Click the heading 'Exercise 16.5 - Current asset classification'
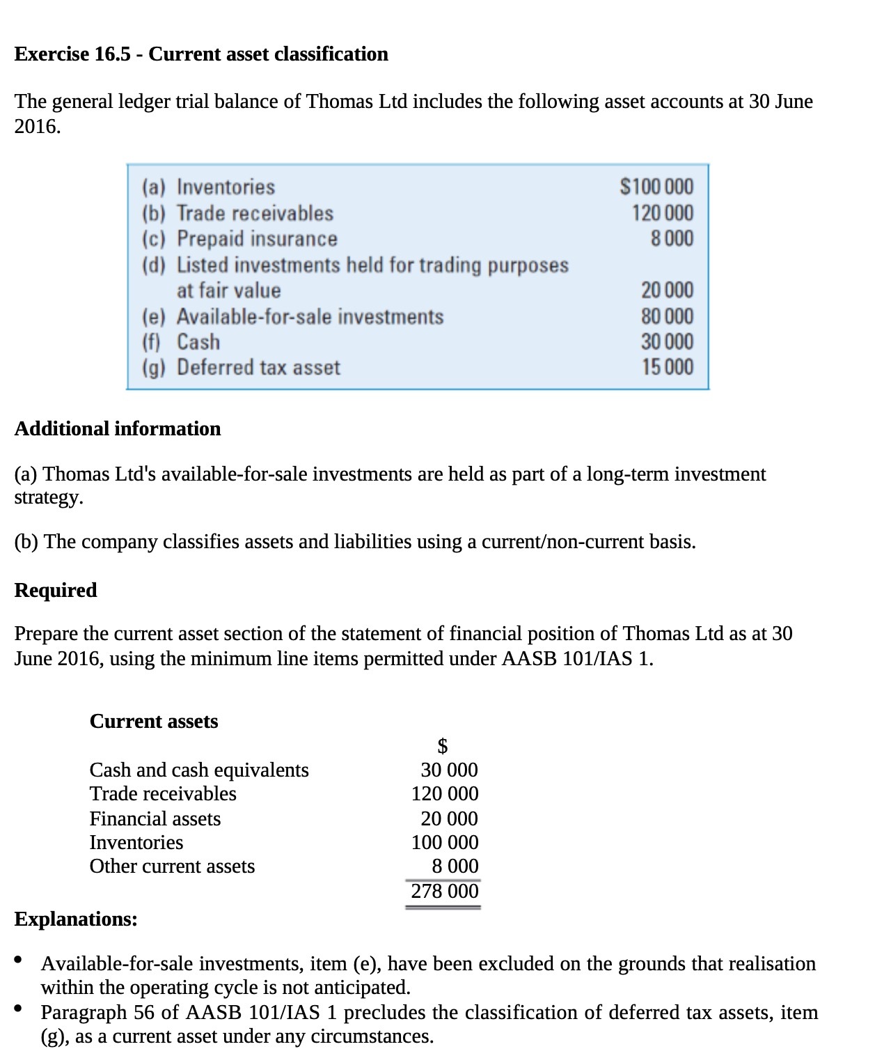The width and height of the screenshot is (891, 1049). click(201, 54)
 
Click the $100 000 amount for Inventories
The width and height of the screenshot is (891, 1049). click(656, 187)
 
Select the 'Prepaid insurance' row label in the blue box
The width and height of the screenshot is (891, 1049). click(256, 239)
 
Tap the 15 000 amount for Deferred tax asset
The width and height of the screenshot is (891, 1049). click(667, 367)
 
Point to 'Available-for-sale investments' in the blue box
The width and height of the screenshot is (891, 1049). click(310, 317)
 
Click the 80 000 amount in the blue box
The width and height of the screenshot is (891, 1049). click(667, 317)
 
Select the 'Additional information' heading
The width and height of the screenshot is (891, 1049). click(118, 428)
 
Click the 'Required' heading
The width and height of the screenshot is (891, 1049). click(56, 590)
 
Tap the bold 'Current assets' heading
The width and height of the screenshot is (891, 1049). click(154, 721)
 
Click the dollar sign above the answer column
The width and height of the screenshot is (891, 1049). click(442, 746)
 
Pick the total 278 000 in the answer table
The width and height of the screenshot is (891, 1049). click(444, 891)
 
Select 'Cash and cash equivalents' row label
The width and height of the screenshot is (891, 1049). click(199, 770)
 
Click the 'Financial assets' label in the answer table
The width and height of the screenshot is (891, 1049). click(155, 818)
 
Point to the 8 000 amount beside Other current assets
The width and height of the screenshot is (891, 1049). click(455, 866)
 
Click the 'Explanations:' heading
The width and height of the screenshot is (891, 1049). click(76, 919)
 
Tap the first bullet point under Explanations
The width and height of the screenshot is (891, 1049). click(20, 961)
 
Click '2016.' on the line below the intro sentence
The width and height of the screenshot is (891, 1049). click(38, 127)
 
